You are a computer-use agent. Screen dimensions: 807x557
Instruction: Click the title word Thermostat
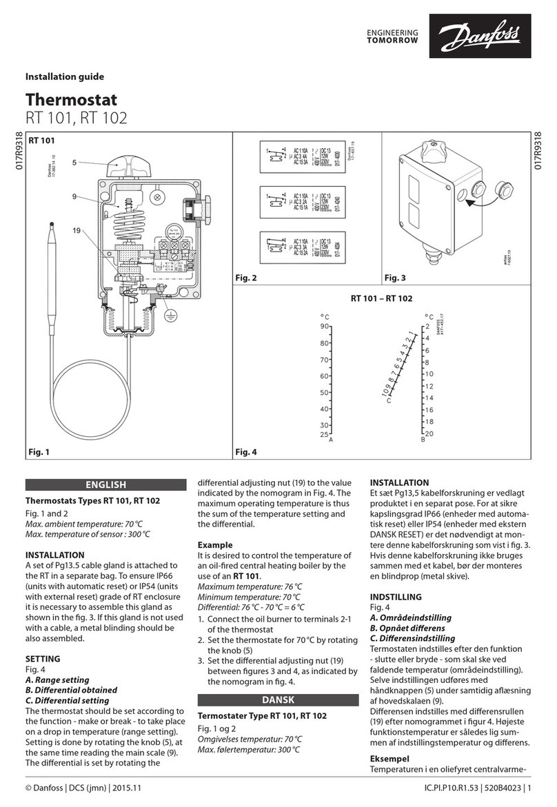click(x=71, y=101)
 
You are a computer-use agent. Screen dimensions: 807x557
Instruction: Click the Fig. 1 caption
click(x=39, y=452)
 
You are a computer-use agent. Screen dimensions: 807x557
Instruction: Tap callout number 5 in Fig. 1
click(x=74, y=163)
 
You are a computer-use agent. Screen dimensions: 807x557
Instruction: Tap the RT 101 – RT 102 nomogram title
click(x=381, y=298)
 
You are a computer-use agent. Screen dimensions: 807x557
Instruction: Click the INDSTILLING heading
click(x=396, y=596)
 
